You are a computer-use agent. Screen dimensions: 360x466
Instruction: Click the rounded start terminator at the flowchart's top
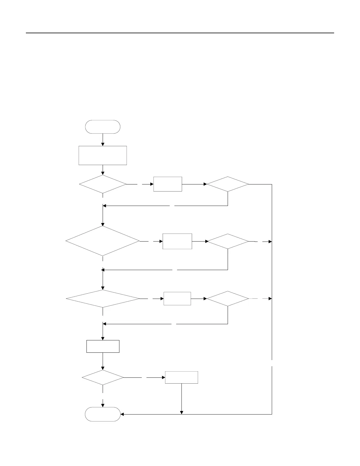[x=103, y=127]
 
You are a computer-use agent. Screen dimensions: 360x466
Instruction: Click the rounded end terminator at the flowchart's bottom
[x=103, y=414]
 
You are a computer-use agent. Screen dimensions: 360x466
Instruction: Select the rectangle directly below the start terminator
[x=103, y=155]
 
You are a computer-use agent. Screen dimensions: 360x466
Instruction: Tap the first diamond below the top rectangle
[x=103, y=184]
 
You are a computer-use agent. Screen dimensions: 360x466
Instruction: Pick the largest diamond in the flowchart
[x=103, y=241]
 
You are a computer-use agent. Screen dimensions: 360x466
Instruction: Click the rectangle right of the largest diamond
[x=177, y=241]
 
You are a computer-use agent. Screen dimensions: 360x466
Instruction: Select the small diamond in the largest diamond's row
[x=228, y=241]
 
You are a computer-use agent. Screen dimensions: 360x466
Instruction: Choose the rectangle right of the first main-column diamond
[x=168, y=184]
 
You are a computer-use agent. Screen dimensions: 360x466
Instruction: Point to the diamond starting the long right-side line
[x=228, y=184]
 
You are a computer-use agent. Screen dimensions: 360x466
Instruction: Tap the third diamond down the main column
[x=103, y=299]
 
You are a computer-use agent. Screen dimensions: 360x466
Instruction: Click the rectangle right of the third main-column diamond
[x=177, y=299]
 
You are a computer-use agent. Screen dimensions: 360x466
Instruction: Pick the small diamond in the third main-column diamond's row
[x=228, y=299]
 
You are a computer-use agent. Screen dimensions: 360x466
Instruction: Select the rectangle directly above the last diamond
[x=103, y=346]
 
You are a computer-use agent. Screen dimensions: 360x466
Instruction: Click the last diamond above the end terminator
[x=103, y=377]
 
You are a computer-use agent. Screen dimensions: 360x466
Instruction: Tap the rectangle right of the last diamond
[x=181, y=377]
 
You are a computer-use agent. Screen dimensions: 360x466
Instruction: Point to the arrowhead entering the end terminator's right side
[x=122, y=414]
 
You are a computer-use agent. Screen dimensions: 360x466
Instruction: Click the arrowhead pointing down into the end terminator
[x=103, y=405]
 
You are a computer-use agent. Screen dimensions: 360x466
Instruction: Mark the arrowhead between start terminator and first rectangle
[x=103, y=144]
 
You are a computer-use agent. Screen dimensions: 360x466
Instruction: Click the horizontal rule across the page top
[x=180, y=33]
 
